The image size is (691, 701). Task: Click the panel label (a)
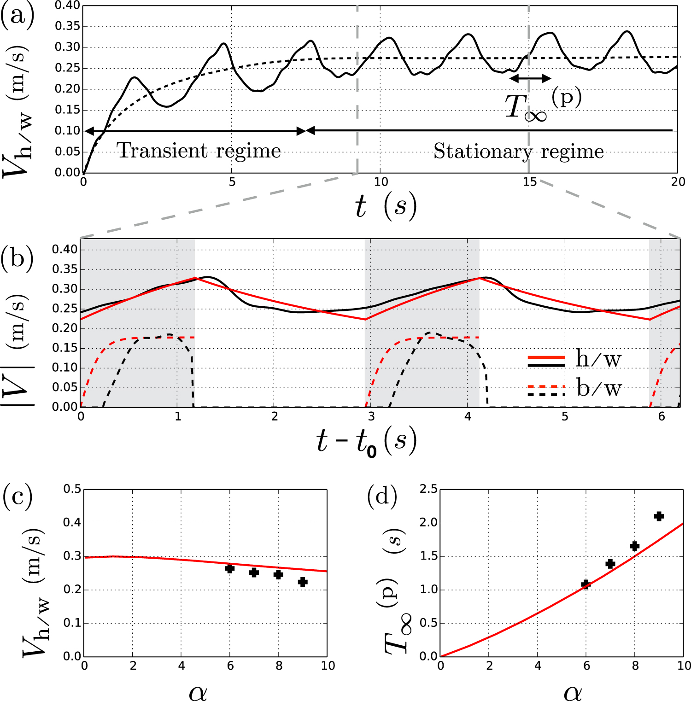click(x=17, y=17)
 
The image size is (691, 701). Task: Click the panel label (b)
click(x=17, y=259)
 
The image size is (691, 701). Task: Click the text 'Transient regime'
click(x=199, y=151)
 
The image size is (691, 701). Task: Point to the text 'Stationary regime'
click(x=519, y=152)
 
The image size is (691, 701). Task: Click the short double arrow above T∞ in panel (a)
click(x=530, y=79)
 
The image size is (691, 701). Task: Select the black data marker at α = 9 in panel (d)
click(x=659, y=516)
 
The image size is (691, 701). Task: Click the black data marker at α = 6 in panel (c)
click(x=229, y=568)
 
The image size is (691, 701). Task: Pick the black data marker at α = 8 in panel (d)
click(x=634, y=546)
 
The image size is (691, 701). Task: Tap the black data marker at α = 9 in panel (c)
click(x=303, y=582)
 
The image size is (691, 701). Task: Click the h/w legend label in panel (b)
click(x=598, y=359)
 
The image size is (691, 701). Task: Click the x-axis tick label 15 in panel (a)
click(x=529, y=182)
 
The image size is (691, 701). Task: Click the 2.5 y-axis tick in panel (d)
click(x=428, y=489)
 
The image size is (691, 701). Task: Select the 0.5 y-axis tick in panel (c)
click(x=72, y=489)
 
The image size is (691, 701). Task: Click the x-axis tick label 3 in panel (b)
click(x=371, y=417)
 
